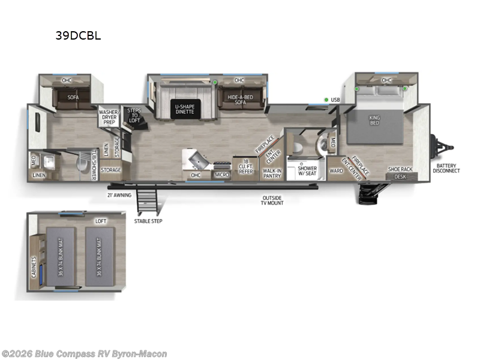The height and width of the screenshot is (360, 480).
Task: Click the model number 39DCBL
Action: [78, 35]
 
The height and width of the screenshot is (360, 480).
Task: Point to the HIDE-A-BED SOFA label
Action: [239, 100]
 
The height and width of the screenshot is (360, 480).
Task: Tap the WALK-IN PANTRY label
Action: [272, 173]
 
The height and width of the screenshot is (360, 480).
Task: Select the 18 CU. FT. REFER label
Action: [246, 168]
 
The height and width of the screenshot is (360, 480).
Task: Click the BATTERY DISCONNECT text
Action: [448, 168]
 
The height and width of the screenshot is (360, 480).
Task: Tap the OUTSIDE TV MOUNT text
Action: [272, 200]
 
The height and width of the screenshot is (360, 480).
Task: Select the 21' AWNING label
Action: [119, 195]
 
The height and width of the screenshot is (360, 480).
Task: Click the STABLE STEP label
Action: [148, 220]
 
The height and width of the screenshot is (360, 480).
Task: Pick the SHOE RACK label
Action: [400, 169]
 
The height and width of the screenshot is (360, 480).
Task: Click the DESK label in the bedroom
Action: [400, 177]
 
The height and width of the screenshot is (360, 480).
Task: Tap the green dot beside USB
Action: [326, 100]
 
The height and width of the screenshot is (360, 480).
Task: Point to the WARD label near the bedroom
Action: [336, 170]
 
